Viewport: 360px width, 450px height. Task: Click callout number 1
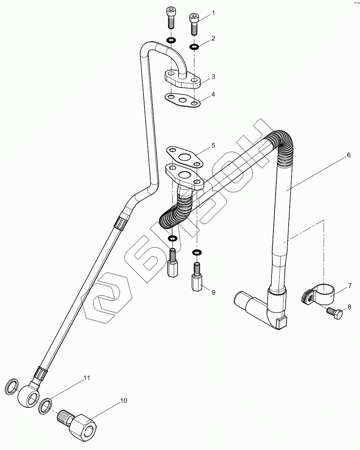pos(213,13)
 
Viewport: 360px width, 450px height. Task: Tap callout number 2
pos(213,38)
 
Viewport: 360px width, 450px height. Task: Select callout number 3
pos(213,76)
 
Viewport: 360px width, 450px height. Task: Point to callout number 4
pos(213,94)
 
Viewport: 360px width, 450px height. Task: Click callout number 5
pos(213,145)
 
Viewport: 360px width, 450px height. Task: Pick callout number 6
pos(348,155)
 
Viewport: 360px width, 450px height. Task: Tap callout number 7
pos(350,286)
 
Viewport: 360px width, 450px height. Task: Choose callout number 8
pos(349,307)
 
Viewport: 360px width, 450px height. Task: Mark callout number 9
pos(213,292)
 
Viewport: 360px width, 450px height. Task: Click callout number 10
pos(124,400)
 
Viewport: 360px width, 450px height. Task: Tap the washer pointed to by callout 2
pos(194,46)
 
